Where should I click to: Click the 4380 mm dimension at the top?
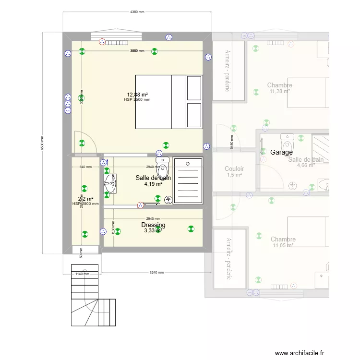137,12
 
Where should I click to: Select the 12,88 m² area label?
137,95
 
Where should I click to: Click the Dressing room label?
153,225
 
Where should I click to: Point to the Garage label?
281,152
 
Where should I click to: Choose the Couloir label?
234,169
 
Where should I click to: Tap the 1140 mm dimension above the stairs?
83,274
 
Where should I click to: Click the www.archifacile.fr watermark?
300,352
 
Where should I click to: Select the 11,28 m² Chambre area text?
279,91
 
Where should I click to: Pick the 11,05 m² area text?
283,245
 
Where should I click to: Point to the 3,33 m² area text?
153,231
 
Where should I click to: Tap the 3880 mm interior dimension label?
137,50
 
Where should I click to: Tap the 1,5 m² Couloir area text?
234,175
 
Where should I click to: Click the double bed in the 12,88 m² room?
169,102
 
